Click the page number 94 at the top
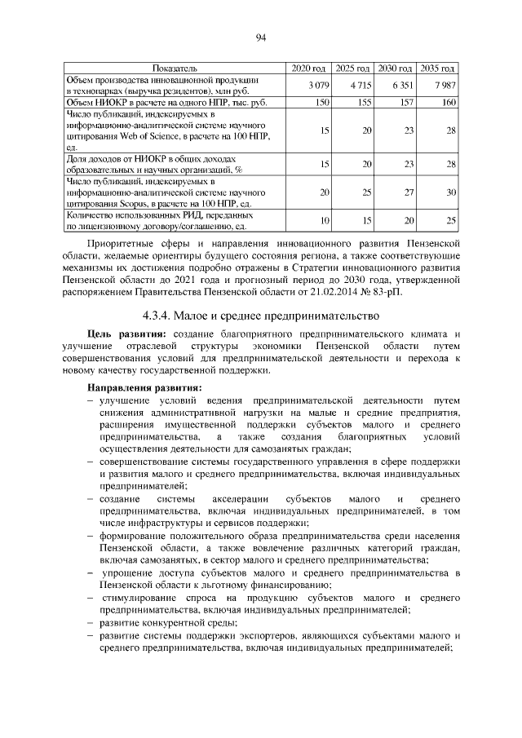pyautogui.click(x=261, y=37)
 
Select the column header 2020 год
pyautogui.click(x=309, y=67)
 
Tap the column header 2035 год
pyautogui.click(x=438, y=67)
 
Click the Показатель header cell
pyautogui.click(x=174, y=67)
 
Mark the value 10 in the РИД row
pyautogui.click(x=324, y=221)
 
